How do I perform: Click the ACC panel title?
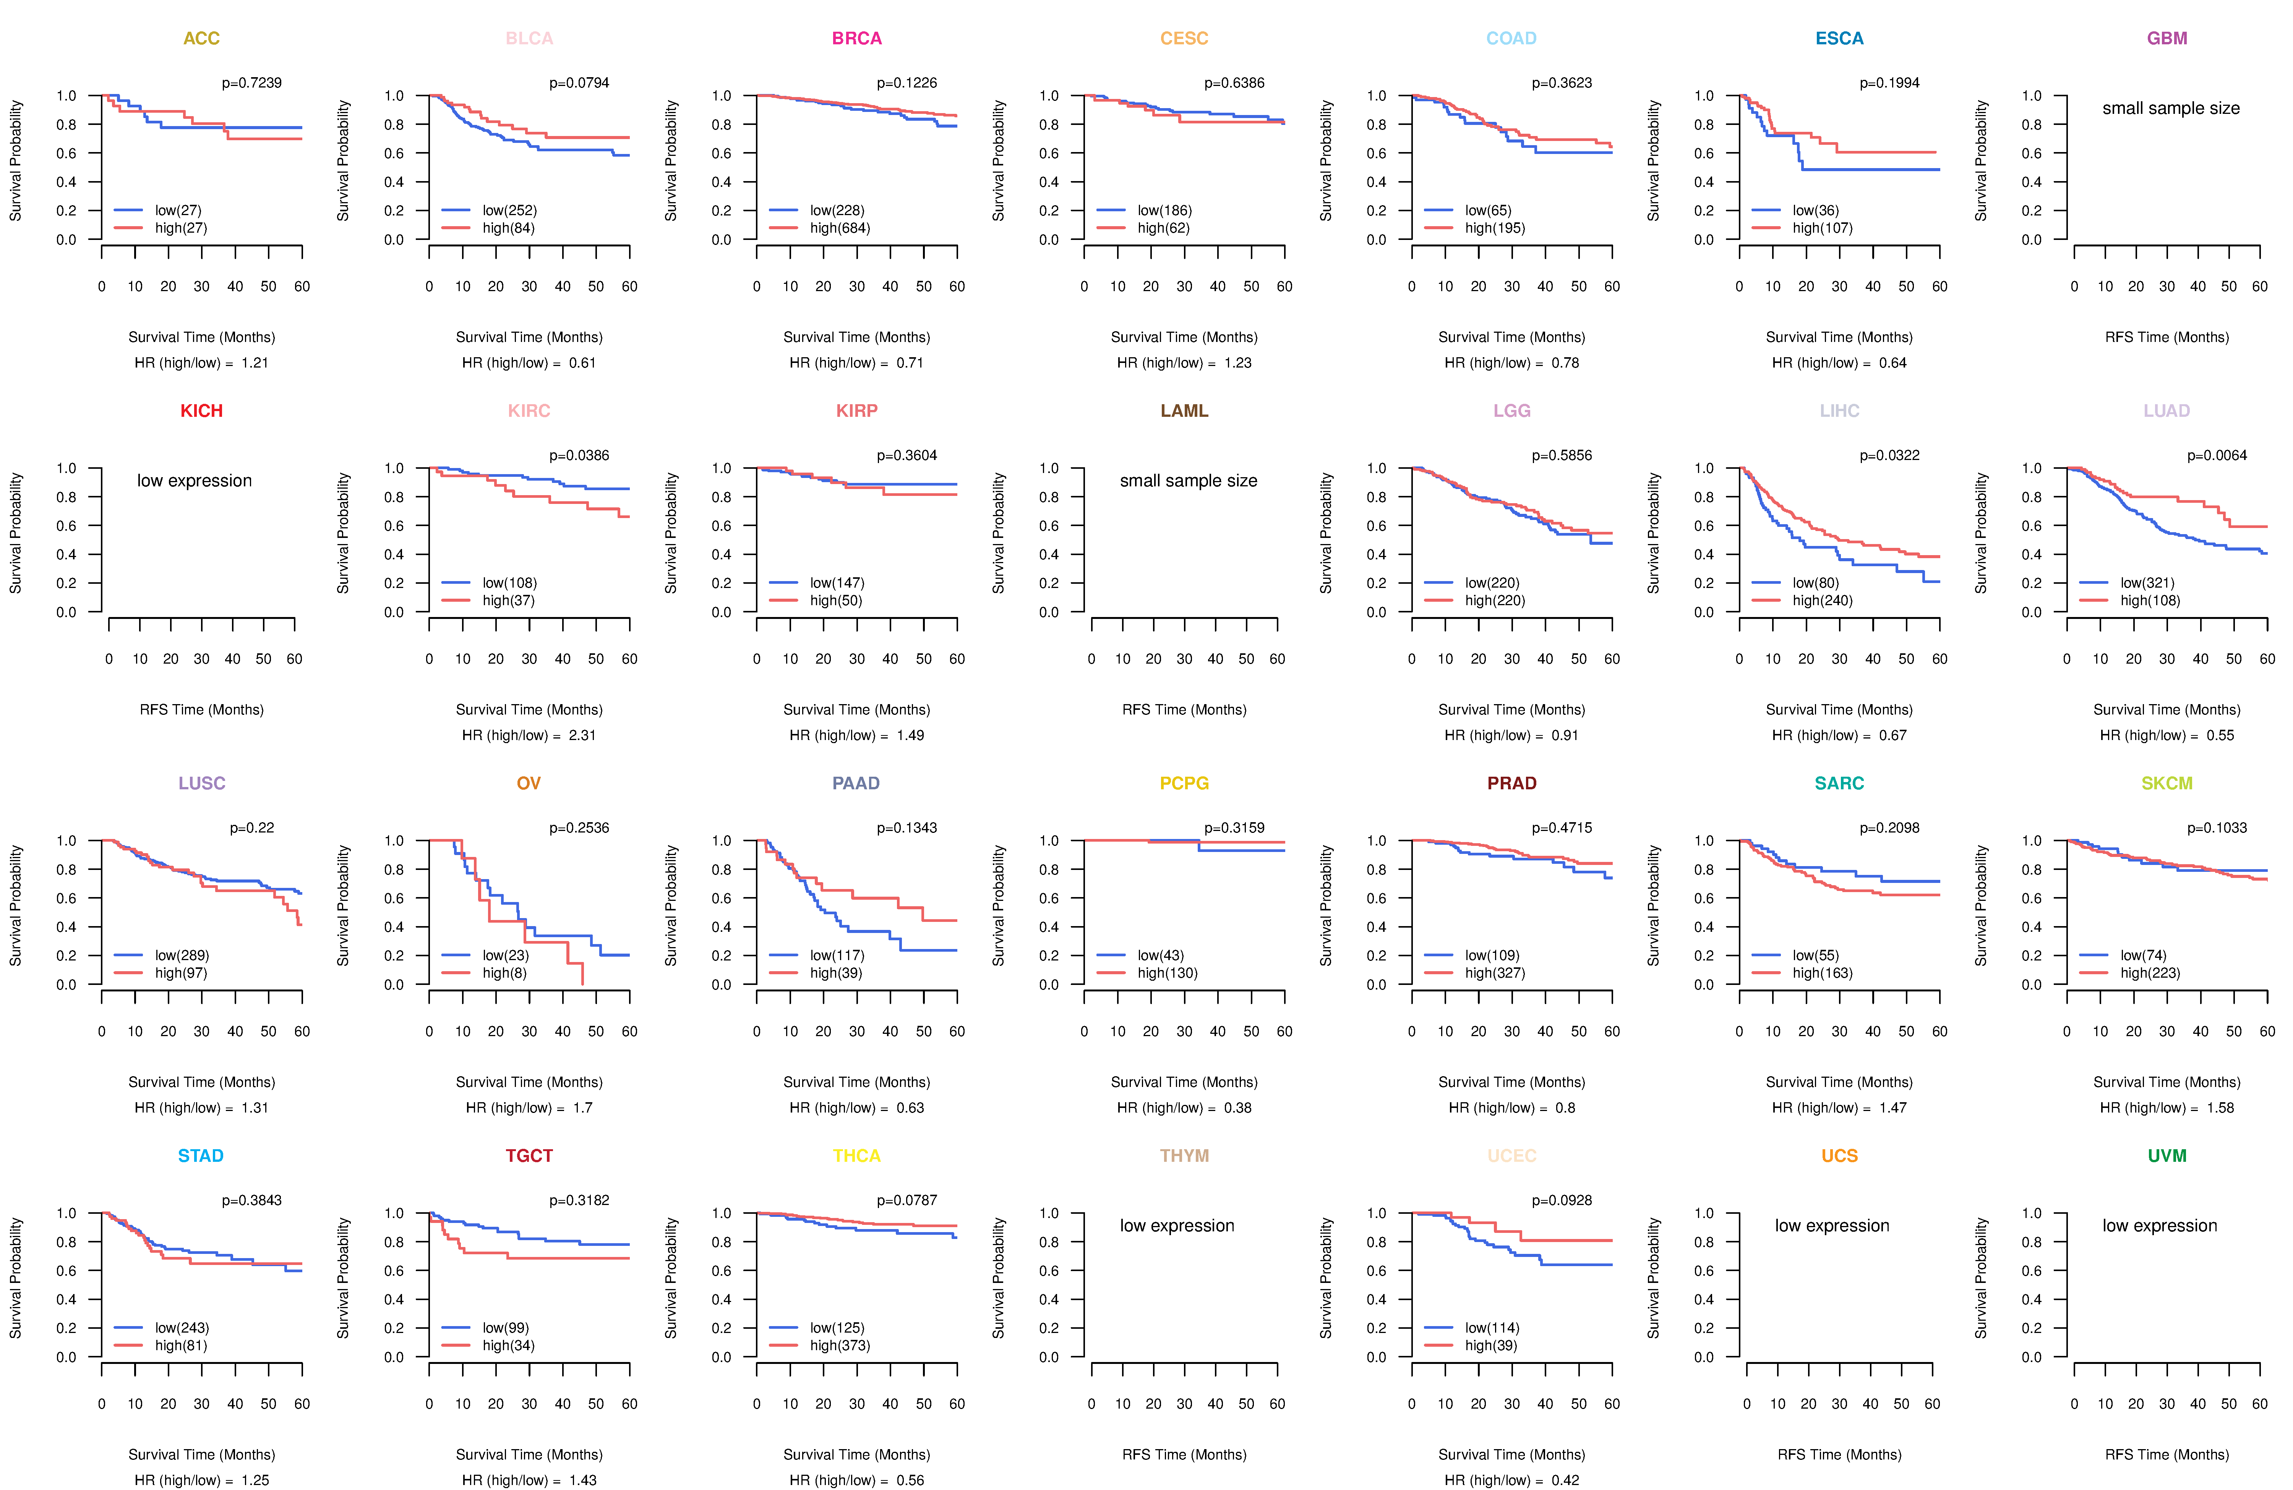(x=201, y=39)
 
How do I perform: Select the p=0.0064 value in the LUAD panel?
(x=2217, y=455)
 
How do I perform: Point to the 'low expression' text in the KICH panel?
(x=195, y=481)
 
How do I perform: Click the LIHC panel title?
(x=1839, y=411)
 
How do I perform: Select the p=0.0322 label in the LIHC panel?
(x=1889, y=455)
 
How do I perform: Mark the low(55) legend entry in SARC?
(x=1815, y=956)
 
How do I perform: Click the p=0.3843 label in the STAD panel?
(x=251, y=1200)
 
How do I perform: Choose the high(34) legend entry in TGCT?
(x=508, y=1346)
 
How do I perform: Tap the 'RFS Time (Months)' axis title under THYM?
(x=1184, y=1454)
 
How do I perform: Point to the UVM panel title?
(x=2167, y=1156)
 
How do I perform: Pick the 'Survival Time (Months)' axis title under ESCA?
(x=1839, y=337)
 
